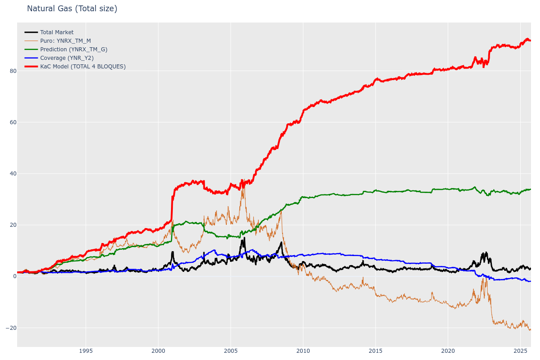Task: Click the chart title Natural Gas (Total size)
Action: [72, 9]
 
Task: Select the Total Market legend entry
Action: [57, 32]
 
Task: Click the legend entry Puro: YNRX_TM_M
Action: [65, 41]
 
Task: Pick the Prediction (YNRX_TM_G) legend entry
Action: [73, 49]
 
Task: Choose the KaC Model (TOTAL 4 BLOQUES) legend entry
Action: [83, 67]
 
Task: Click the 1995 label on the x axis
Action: [86, 351]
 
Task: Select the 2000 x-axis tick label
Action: [158, 351]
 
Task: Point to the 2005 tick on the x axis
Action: [230, 351]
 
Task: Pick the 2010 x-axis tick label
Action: [303, 351]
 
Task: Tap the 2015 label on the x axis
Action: [375, 351]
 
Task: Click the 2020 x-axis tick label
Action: [448, 351]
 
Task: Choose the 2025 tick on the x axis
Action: [520, 351]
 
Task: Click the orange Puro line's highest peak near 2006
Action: [243, 180]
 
